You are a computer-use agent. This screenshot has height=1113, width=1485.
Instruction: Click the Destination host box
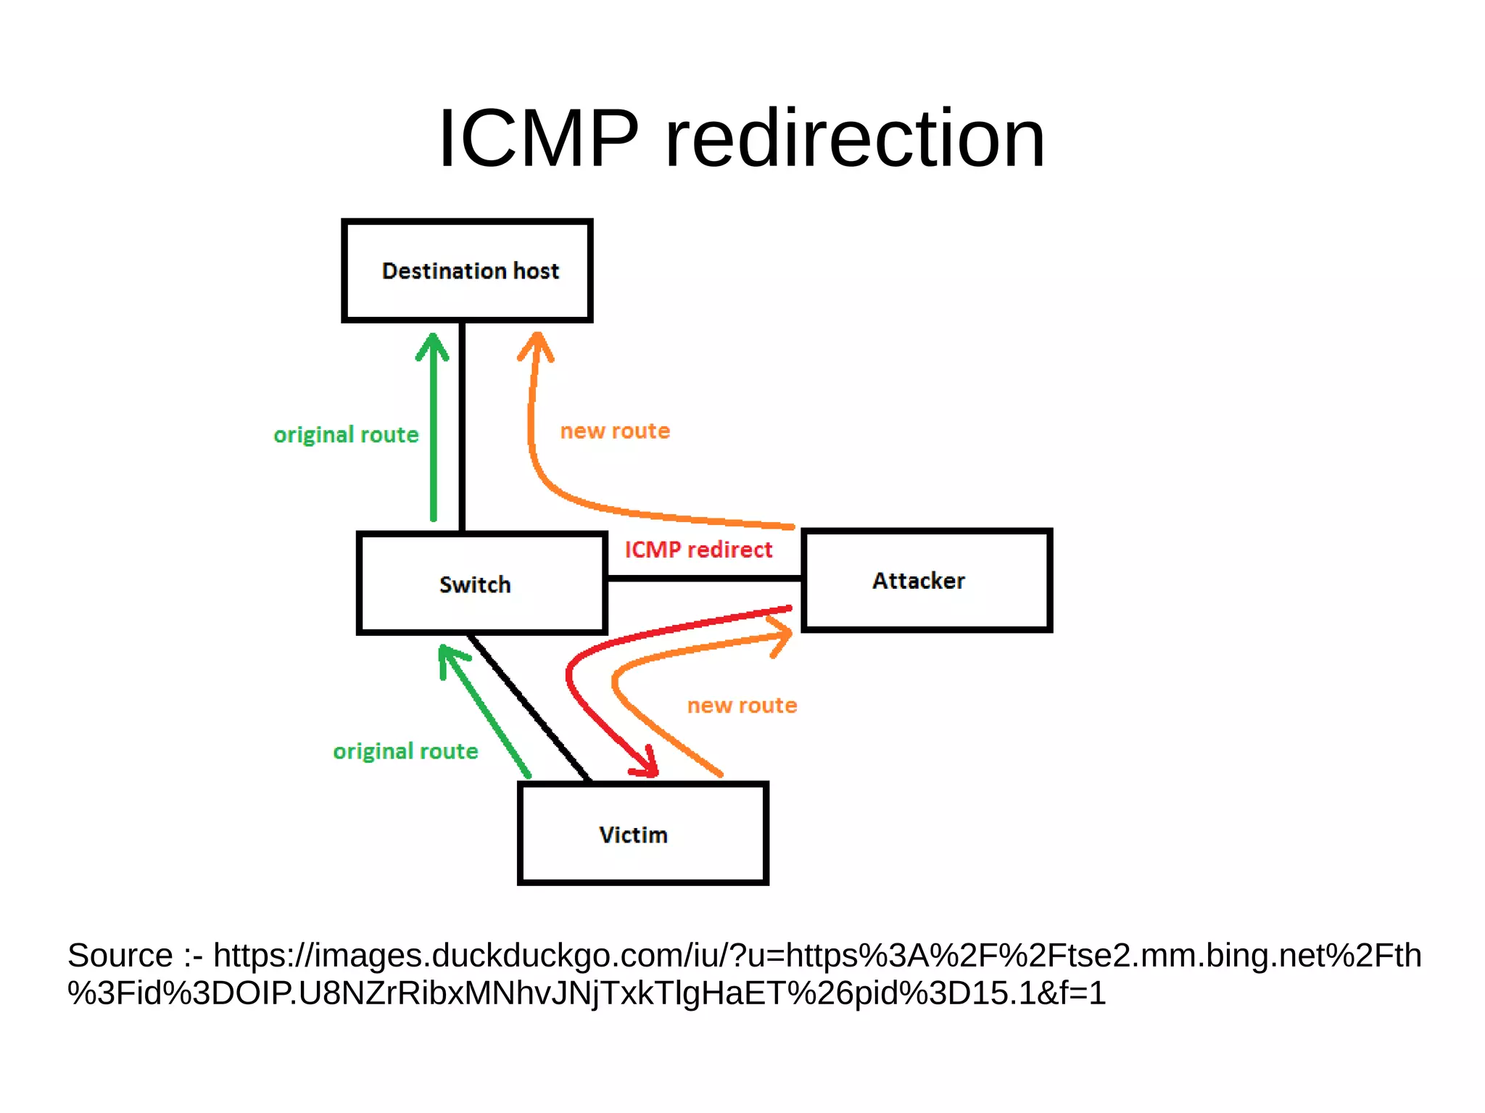pyautogui.click(x=468, y=270)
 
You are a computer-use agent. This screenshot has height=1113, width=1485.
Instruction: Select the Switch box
pyautogui.click(x=481, y=584)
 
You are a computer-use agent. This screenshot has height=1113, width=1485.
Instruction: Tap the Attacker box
pyautogui.click(x=926, y=580)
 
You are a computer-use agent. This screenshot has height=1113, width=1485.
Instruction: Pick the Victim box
pyautogui.click(x=642, y=833)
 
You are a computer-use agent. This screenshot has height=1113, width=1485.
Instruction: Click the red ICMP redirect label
pyautogui.click(x=698, y=550)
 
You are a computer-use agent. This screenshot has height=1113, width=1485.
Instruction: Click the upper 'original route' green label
pyautogui.click(x=346, y=435)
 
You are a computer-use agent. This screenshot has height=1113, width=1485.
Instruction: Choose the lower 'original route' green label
pyautogui.click(x=405, y=751)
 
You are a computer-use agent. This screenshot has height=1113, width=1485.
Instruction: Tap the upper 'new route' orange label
pyautogui.click(x=615, y=431)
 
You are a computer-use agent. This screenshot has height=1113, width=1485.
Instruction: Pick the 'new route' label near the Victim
pyautogui.click(x=742, y=706)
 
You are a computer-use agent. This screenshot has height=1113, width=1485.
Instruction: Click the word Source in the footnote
pyautogui.click(x=120, y=956)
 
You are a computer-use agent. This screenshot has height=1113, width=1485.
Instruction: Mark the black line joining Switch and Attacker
pyautogui.click(x=703, y=578)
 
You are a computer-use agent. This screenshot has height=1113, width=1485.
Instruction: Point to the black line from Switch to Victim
pyautogui.click(x=529, y=707)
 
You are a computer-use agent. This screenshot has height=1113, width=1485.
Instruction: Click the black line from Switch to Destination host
pyautogui.click(x=462, y=428)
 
